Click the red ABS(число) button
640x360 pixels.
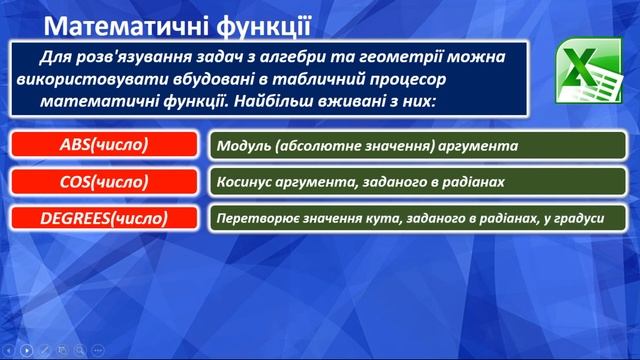click(x=104, y=145)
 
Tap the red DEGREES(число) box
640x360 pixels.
click(x=104, y=217)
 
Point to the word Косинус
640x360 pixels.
click(x=246, y=182)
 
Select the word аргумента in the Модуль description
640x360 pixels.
click(x=477, y=146)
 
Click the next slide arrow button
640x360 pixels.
click(x=27, y=350)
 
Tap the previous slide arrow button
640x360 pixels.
click(x=9, y=350)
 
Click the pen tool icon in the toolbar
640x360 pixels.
click(x=45, y=350)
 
